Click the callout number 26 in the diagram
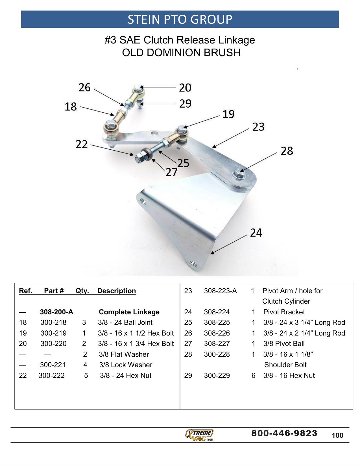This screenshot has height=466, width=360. (84, 88)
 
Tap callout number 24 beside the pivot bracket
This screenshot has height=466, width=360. (256, 233)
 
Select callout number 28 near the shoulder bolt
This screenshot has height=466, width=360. (287, 151)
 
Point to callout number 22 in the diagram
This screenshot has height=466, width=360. (82, 144)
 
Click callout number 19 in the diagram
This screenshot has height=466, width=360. (228, 114)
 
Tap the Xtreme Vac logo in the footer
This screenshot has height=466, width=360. (199, 435)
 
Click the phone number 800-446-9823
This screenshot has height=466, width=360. (284, 433)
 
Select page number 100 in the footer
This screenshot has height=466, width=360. (337, 435)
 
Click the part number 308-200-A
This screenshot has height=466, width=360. (56, 312)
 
